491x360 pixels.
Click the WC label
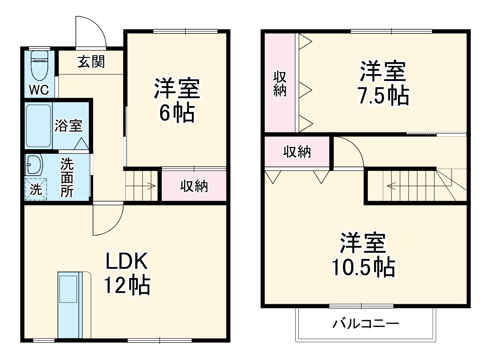pos(39,89)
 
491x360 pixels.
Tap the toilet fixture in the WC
pos(40,65)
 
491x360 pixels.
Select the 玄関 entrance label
pos(91,62)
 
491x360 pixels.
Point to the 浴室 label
pos(68,126)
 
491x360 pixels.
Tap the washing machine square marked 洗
pos(36,189)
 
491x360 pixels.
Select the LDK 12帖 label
pos(127,274)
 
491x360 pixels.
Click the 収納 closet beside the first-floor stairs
pos(194,186)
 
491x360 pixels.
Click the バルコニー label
pos(366,324)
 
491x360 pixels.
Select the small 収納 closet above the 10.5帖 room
pos(297,152)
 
